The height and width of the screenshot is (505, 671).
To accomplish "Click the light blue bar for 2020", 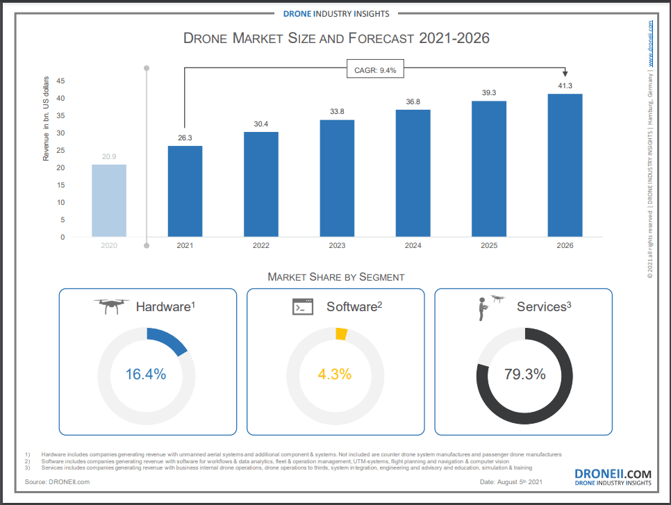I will point(109,201).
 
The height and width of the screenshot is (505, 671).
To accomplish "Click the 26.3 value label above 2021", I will point(185,138).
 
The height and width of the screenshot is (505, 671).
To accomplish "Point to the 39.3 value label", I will point(489,92).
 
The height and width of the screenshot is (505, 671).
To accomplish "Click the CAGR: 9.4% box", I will point(376,69).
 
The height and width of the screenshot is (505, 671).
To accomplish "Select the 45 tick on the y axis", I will point(60,81).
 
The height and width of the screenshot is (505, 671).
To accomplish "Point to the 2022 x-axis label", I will point(260,246).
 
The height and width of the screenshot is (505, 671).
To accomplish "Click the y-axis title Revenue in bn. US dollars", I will point(47,118).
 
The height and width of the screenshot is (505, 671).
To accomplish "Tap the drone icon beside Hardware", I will point(112,306).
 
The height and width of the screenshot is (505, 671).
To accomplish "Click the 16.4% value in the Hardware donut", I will point(146,374).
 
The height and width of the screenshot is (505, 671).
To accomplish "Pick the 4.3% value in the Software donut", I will point(335,374).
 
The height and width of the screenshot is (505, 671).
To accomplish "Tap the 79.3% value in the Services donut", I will point(524,374).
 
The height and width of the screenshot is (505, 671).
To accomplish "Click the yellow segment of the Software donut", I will point(341,334).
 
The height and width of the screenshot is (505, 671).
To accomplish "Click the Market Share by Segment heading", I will point(335,277).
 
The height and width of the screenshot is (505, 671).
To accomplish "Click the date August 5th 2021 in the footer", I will point(513,481).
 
